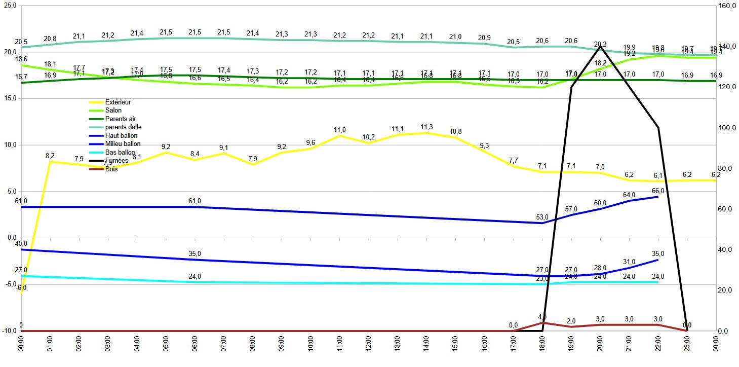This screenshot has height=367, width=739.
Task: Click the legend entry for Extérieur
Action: click(117, 102)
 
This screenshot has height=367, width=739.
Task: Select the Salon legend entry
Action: click(113, 111)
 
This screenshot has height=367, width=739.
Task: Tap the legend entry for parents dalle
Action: click(121, 127)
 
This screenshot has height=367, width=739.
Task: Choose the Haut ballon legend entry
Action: click(121, 136)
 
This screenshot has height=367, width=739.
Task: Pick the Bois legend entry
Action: click(111, 169)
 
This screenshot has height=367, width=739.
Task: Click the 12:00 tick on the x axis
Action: click(368, 347)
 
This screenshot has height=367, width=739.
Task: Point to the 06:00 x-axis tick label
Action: click(195, 347)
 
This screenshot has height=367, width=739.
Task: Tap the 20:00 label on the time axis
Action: click(600, 347)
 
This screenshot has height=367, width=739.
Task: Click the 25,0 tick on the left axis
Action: click(10, 6)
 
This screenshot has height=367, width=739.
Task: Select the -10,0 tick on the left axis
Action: click(9, 331)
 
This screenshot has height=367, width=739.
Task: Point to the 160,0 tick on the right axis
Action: click(727, 6)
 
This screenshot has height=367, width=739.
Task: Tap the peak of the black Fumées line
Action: click(600, 47)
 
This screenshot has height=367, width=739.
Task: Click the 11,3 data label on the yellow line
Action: click(426, 127)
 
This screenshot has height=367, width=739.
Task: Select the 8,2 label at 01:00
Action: click(50, 156)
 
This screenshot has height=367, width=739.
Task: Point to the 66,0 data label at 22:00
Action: click(658, 190)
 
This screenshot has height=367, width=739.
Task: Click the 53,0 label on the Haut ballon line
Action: click(542, 217)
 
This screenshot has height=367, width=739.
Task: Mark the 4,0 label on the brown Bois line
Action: click(542, 317)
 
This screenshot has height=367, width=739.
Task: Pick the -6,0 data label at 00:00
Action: click(21, 287)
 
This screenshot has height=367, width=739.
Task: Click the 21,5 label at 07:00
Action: click(223, 32)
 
